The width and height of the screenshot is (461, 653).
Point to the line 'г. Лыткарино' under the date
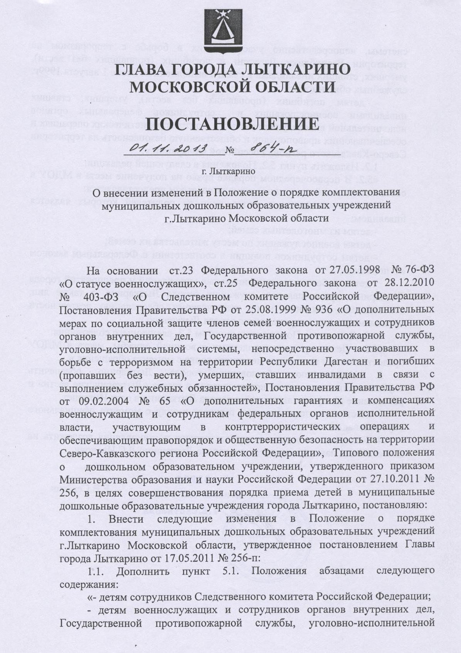229,170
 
